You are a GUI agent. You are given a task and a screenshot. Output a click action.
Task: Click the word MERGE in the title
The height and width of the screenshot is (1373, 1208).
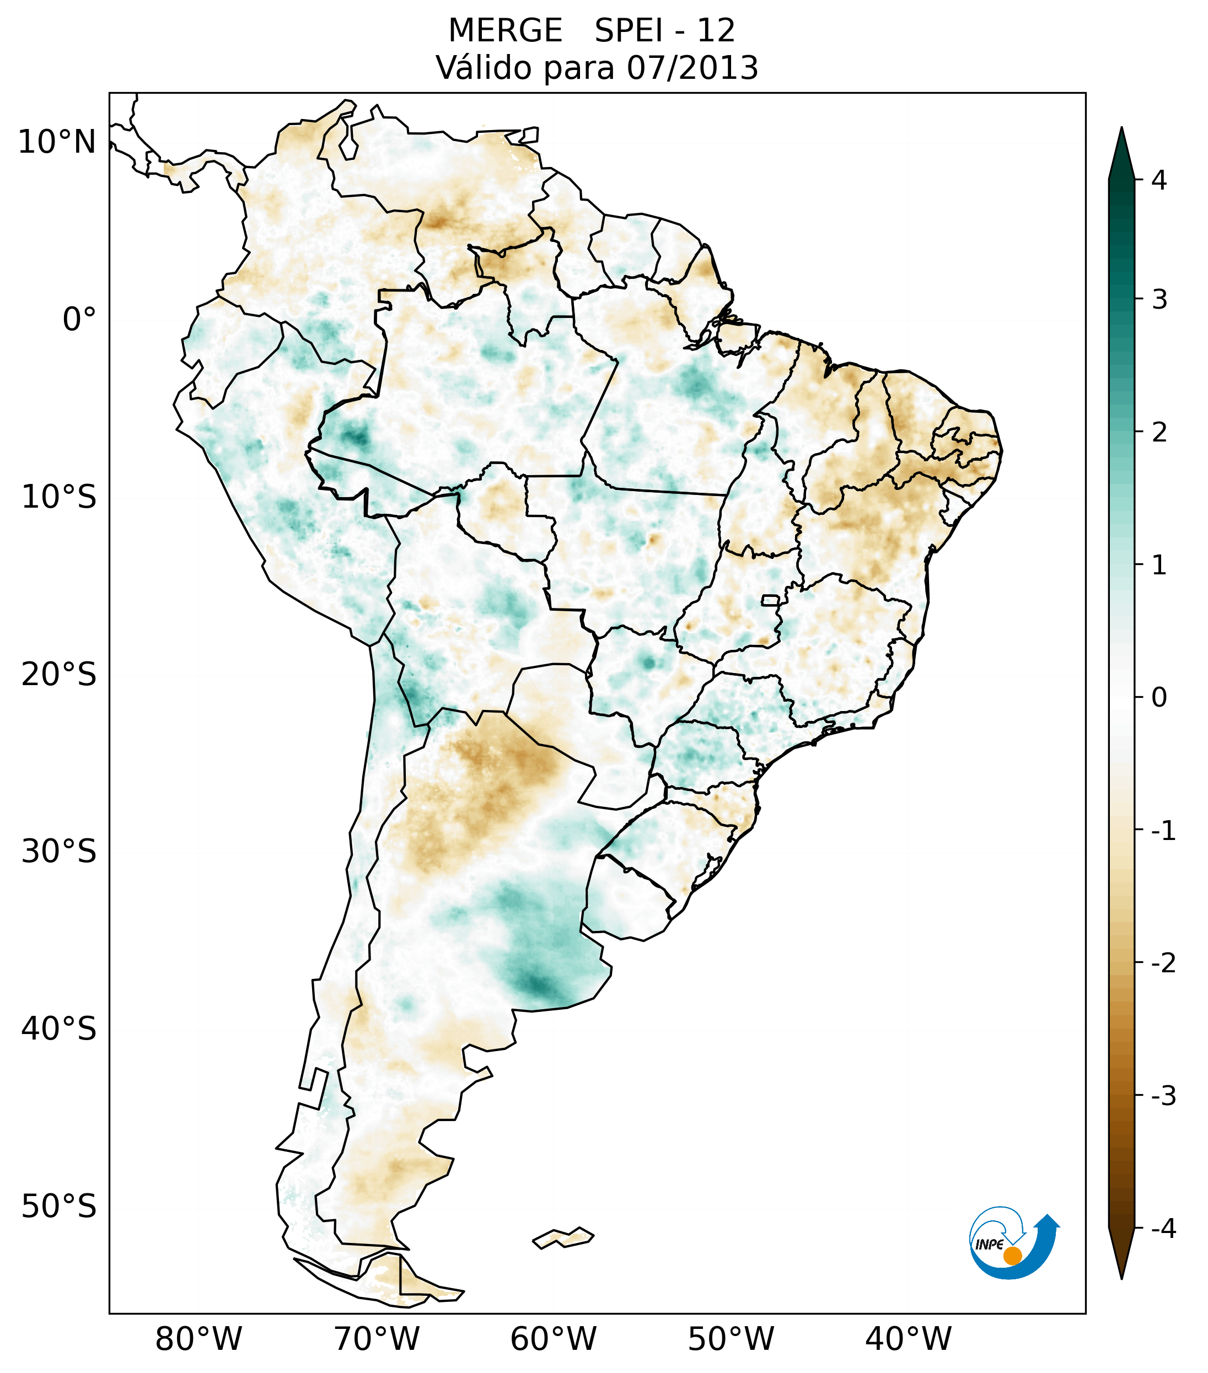pos(505,31)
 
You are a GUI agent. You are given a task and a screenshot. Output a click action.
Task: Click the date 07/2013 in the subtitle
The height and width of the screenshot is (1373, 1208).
pos(692,68)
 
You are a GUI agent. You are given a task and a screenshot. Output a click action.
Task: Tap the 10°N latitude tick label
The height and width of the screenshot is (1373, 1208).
pos(57,142)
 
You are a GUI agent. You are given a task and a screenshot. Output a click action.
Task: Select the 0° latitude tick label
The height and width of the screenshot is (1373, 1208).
pos(79,320)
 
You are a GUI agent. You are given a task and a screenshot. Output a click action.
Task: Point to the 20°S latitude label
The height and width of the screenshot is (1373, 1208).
pos(59,675)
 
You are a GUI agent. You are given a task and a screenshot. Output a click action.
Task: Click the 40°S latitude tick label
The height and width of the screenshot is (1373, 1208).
pos(59,1029)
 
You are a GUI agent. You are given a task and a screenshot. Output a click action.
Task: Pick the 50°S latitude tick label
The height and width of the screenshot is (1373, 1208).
pos(59,1207)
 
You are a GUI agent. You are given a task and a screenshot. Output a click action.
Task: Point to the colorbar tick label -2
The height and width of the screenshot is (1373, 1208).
pos(1163,963)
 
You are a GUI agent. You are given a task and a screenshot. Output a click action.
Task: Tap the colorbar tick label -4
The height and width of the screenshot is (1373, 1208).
pos(1163,1229)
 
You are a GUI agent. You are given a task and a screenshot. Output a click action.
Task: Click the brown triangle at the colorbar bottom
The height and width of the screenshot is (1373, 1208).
pos(1121,1253)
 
